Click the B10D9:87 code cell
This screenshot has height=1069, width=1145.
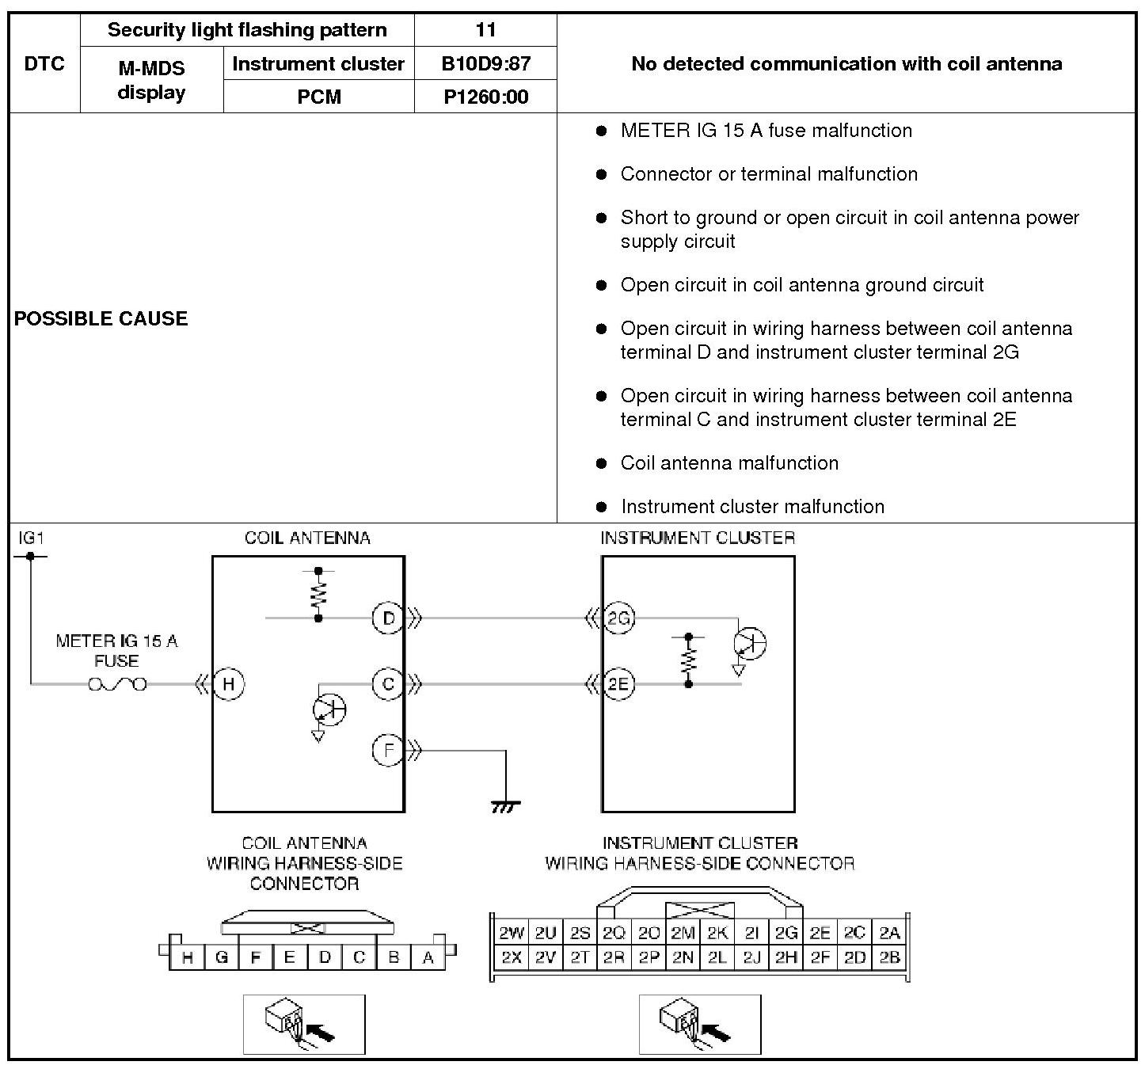pos(485,63)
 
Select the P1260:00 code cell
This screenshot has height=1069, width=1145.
pos(485,97)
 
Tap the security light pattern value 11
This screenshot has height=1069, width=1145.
pos(485,29)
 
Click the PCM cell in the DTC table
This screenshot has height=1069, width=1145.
pos(319,97)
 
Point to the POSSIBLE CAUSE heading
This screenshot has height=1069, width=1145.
pos(101,318)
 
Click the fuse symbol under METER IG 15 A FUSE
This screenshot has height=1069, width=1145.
pos(118,684)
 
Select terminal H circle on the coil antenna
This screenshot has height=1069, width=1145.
pos(228,684)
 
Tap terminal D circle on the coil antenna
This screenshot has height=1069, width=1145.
pos(388,618)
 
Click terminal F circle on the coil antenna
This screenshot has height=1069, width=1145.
pos(388,750)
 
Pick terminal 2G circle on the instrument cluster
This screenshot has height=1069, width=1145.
pos(618,618)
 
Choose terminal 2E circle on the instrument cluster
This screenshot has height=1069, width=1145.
pos(618,684)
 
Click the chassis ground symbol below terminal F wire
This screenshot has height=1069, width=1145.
pos(506,806)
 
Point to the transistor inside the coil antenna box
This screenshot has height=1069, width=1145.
pos(329,709)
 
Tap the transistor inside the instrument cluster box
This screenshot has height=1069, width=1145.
pos(750,643)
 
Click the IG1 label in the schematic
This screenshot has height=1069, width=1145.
pos(31,538)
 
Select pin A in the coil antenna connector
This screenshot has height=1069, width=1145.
pos(428,957)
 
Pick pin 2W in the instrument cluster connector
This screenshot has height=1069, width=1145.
pos(512,932)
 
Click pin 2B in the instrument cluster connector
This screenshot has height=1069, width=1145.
pos(889,957)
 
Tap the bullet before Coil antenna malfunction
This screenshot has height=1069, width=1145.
pos(601,463)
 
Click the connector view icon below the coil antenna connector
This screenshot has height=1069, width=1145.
pos(304,1025)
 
